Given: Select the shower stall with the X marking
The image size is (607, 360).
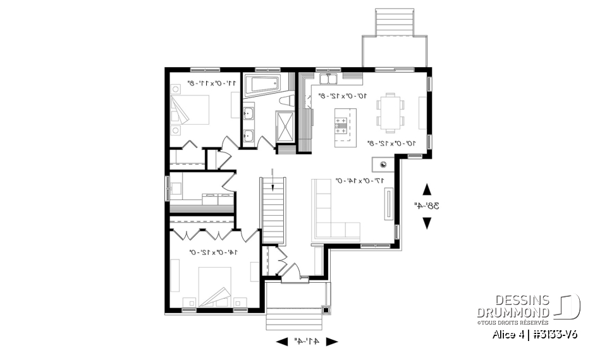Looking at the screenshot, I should point(285,126).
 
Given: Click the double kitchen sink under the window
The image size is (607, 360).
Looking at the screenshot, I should point(328,79).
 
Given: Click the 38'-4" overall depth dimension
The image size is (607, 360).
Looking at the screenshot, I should point(427,206).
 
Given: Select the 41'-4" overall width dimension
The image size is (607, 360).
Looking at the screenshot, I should point(307,341).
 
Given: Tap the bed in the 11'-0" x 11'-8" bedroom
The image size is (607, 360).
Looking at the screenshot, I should point(190,110).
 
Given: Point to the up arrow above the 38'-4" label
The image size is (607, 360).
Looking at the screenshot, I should point(427,189).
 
